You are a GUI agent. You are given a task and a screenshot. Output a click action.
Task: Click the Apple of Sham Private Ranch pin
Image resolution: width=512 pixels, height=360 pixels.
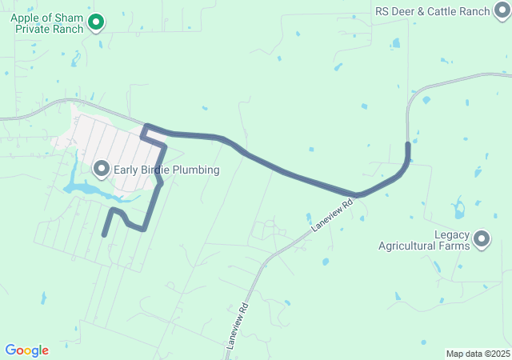point(96,22)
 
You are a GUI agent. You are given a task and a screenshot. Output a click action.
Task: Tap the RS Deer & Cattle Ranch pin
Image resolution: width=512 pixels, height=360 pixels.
point(502,11)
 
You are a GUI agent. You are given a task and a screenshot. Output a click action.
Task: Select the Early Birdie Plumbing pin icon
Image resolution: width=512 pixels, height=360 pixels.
point(102,169)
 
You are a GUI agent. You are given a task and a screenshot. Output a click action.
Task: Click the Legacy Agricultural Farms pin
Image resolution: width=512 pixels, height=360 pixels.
point(482,238)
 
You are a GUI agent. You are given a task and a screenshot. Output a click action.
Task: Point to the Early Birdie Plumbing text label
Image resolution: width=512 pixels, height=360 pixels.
point(166,170)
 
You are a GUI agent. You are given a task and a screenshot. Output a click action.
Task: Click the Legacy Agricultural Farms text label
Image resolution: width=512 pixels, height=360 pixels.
point(424,240)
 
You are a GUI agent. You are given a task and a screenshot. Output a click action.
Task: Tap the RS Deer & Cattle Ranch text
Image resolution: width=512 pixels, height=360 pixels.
point(432,11)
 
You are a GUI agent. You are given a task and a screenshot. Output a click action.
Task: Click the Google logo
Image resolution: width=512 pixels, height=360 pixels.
point(27,350)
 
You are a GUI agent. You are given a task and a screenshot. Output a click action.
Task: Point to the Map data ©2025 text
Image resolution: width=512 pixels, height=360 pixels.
point(478,354)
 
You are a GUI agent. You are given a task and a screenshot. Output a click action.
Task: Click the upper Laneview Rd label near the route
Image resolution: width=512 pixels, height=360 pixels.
point(331,216)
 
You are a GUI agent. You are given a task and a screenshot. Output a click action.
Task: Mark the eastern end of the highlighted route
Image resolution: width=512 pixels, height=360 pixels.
point(408,145)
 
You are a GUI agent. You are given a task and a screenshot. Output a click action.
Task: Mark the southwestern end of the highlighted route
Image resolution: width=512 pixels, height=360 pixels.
point(104,234)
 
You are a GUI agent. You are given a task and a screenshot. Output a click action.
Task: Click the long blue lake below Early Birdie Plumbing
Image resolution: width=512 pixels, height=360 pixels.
point(88,190)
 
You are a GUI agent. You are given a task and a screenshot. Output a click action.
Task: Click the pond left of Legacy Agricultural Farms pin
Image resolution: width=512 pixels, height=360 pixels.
point(458,210)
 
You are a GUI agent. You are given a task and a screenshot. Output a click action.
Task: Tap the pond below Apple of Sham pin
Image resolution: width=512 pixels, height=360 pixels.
point(76,59)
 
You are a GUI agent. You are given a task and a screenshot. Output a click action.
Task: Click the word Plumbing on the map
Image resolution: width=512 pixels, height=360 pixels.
point(194,170)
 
